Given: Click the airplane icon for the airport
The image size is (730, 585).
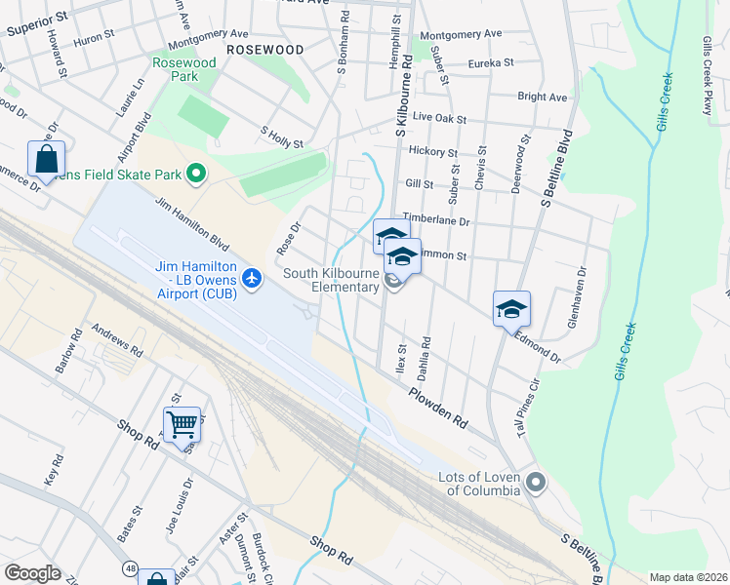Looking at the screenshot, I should [254, 279].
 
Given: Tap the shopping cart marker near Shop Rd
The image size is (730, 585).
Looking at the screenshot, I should [182, 425].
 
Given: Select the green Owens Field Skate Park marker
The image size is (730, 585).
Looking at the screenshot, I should [196, 175].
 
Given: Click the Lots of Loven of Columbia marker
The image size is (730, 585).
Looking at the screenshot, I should [535, 482].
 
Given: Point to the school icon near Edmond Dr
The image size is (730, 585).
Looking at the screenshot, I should [511, 309].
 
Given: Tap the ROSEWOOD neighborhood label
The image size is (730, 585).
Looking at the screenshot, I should [264, 49].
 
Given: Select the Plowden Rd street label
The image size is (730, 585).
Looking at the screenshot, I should [438, 408].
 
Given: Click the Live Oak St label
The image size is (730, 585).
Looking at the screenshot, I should [439, 118].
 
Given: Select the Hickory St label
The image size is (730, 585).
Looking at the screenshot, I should [432, 152].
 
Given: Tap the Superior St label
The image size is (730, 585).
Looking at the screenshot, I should [36, 24].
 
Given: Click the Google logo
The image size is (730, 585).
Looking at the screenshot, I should [32, 573].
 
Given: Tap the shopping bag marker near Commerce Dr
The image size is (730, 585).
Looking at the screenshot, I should [46, 158].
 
